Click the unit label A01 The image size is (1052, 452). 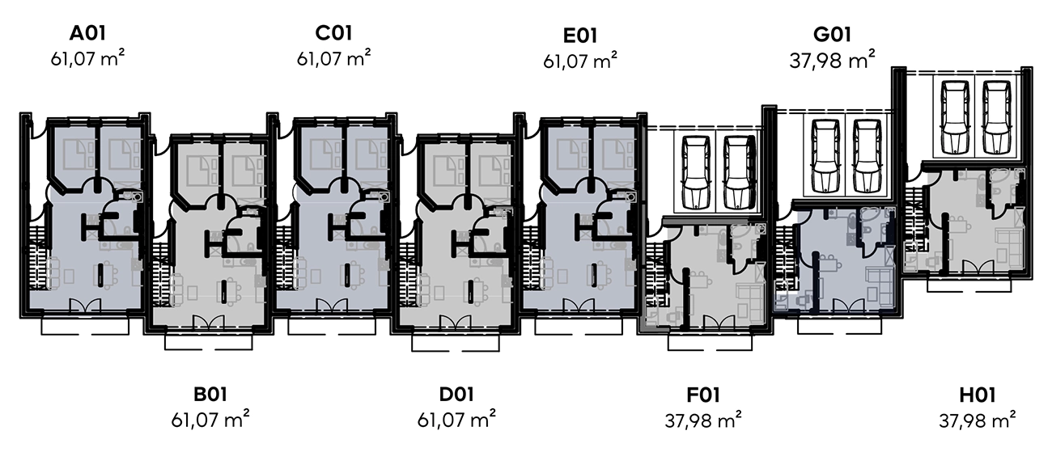click(x=88, y=34)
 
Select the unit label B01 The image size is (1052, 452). click(x=210, y=395)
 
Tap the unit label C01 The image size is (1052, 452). click(x=334, y=34)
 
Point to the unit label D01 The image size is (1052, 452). click(x=456, y=395)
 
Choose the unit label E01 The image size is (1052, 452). click(x=580, y=36)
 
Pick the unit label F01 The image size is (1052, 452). click(x=702, y=395)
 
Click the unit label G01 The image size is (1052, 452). click(x=832, y=36)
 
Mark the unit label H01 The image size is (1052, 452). click(x=978, y=395)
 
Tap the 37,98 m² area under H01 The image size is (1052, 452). click(x=978, y=420)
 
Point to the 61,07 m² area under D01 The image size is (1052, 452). click(x=456, y=420)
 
